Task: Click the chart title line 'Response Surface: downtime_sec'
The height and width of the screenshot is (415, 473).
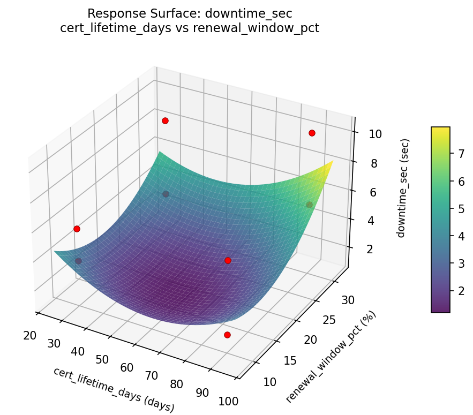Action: pos(190,13)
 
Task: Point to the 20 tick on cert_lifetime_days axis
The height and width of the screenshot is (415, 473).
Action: pos(30,336)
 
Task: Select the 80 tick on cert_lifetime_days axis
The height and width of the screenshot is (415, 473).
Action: pos(177,384)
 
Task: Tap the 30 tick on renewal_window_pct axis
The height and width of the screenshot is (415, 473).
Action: pos(348,300)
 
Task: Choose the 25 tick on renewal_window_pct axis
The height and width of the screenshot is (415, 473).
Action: pos(329,320)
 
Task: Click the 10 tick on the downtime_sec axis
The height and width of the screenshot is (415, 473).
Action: pos(375,134)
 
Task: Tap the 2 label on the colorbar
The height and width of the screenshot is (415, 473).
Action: pos(459,291)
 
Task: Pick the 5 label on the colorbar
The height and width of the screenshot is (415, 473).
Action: pos(459,209)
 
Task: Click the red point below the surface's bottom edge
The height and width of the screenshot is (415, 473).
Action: pos(227,335)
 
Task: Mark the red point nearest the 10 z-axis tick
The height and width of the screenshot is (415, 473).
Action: pos(312,133)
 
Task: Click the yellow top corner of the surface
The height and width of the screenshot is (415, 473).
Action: pos(332,161)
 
